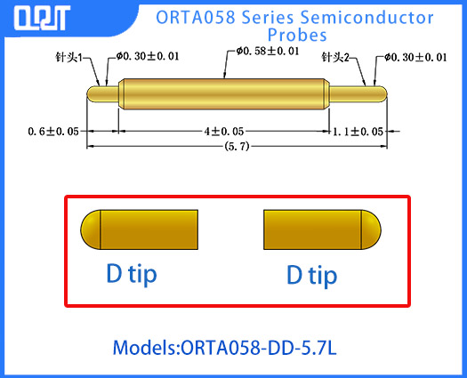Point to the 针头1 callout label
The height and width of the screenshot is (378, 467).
coord(68,58)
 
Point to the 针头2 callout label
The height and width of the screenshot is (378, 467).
coord(337,58)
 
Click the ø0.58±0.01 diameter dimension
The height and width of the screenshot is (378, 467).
coord(267,52)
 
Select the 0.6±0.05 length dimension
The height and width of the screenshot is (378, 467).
coord(53,132)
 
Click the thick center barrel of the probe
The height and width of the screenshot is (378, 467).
coord(222,92)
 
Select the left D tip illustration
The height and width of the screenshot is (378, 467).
coord(138,230)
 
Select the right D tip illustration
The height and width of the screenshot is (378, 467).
coord(321,230)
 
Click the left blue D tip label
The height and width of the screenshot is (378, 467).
coord(132,273)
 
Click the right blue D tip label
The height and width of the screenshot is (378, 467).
coord(312,275)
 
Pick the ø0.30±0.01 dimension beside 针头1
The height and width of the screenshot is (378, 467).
coord(148,58)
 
